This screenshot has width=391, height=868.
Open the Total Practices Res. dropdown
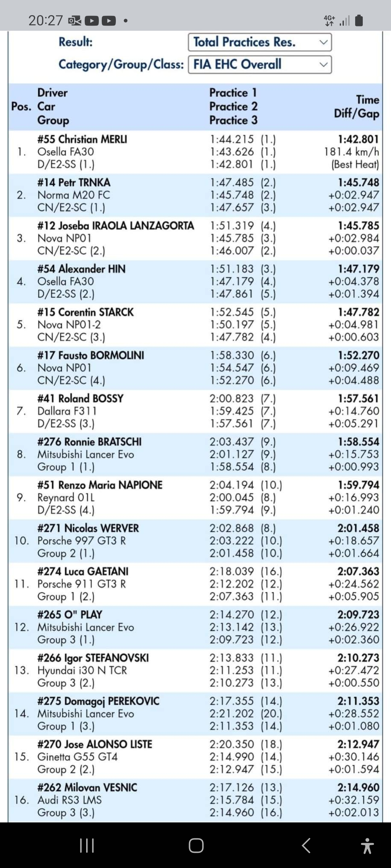(x=260, y=42)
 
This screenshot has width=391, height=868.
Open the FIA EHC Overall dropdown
(x=260, y=64)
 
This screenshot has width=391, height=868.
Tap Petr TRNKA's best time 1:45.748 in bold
(x=358, y=182)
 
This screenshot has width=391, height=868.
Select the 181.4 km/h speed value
(x=351, y=152)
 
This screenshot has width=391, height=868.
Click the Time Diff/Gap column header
(x=357, y=106)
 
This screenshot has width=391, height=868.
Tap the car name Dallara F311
(x=67, y=411)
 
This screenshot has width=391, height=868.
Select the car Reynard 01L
(x=66, y=497)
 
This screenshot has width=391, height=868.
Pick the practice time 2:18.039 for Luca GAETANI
(x=232, y=571)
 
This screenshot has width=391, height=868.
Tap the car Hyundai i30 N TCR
(x=82, y=670)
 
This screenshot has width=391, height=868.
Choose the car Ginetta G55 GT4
(x=77, y=757)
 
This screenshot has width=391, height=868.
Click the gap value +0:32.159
(x=353, y=800)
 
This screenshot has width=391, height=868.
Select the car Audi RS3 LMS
(x=70, y=800)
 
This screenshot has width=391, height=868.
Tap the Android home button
(x=196, y=845)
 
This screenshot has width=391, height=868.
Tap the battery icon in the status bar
(x=359, y=21)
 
